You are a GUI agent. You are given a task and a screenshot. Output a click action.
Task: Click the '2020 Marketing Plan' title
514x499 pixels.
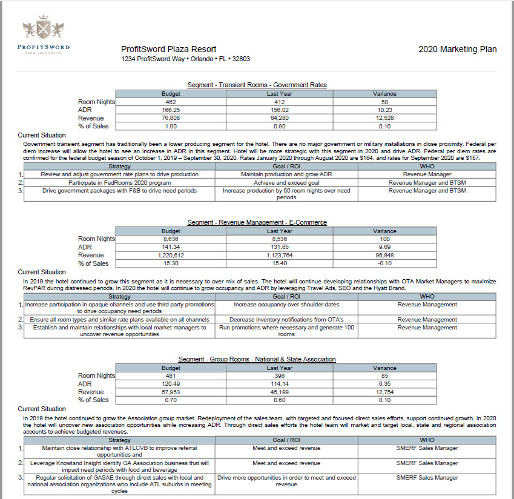[x=457, y=49]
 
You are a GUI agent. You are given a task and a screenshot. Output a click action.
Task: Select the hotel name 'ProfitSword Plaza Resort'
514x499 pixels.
[x=168, y=49]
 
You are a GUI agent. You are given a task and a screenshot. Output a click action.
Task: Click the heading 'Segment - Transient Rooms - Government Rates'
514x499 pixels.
[x=257, y=85]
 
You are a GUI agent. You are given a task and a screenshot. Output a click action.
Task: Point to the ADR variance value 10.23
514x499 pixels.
[x=384, y=110]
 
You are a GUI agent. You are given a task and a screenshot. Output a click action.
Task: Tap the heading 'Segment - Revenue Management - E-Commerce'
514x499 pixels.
[x=257, y=222]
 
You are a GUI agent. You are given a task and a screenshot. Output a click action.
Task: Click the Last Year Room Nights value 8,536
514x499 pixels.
[x=280, y=239]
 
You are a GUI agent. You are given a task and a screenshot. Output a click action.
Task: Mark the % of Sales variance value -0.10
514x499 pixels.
[x=384, y=263]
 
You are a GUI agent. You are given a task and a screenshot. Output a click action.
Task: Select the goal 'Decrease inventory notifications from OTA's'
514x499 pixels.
[x=286, y=319]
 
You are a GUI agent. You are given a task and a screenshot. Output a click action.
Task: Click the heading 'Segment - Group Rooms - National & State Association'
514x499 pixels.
[x=257, y=359]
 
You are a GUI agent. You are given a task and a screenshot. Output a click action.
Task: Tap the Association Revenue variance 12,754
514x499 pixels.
[x=384, y=392]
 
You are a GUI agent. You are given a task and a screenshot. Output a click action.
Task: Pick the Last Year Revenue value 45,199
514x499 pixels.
[x=280, y=392]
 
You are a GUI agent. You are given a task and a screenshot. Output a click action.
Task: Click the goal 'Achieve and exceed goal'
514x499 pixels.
[x=286, y=182]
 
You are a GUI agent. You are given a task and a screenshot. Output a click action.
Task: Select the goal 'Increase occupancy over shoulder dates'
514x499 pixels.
[x=286, y=305]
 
